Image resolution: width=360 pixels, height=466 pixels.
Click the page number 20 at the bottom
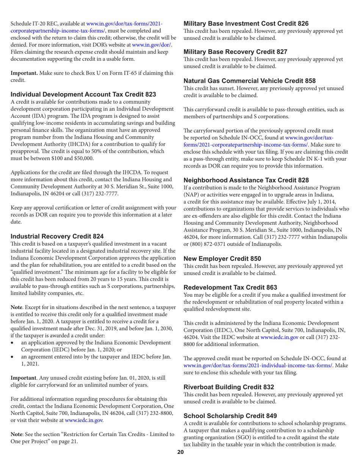pos(180,462)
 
